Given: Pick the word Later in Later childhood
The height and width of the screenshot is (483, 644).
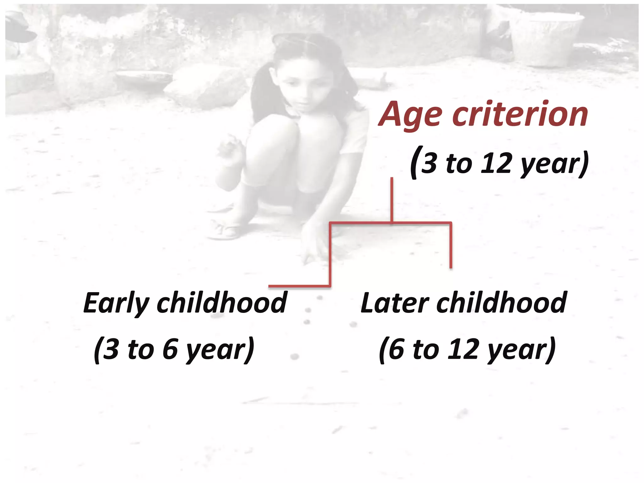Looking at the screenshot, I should (x=394, y=303).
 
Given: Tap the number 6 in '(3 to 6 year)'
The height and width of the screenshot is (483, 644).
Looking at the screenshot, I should (x=170, y=349).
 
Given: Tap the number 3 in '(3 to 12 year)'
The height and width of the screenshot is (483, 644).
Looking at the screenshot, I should (x=429, y=163).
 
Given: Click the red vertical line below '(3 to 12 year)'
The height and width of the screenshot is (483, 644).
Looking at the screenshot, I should (x=392, y=200).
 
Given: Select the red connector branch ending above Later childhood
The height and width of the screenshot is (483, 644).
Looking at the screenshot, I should (x=451, y=245).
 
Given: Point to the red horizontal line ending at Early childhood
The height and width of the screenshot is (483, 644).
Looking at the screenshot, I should (x=299, y=286).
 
